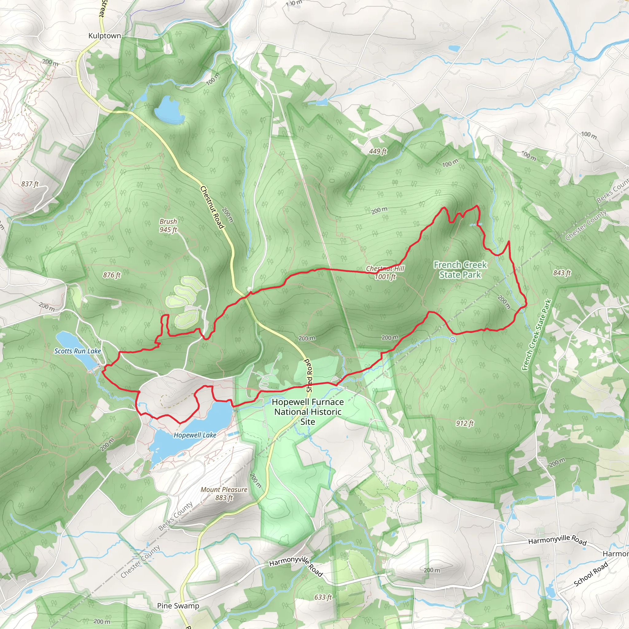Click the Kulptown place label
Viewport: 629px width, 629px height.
click(x=104, y=36)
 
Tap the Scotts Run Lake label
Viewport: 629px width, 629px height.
click(x=77, y=351)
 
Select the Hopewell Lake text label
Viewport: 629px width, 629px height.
click(x=195, y=435)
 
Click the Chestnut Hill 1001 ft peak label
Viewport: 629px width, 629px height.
click(x=385, y=272)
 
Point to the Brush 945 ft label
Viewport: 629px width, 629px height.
click(x=168, y=225)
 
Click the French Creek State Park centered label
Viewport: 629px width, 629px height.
click(x=460, y=270)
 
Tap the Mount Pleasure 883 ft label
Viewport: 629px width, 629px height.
click(x=224, y=494)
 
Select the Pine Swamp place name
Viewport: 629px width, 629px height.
click(x=178, y=606)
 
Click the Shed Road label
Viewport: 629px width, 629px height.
click(x=309, y=375)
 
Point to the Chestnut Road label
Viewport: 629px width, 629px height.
click(x=212, y=207)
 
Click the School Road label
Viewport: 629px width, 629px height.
click(x=591, y=574)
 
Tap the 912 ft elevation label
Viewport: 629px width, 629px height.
click(x=465, y=423)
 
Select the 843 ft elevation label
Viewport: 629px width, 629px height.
click(x=562, y=273)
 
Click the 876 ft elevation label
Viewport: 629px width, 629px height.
click(x=112, y=275)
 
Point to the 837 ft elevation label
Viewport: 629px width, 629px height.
click(x=30, y=184)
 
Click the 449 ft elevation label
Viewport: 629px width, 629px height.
click(x=378, y=151)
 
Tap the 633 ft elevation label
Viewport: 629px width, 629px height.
click(x=323, y=597)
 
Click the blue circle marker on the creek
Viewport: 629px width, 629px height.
click(x=452, y=340)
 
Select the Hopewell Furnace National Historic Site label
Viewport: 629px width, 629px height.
click(x=308, y=412)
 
